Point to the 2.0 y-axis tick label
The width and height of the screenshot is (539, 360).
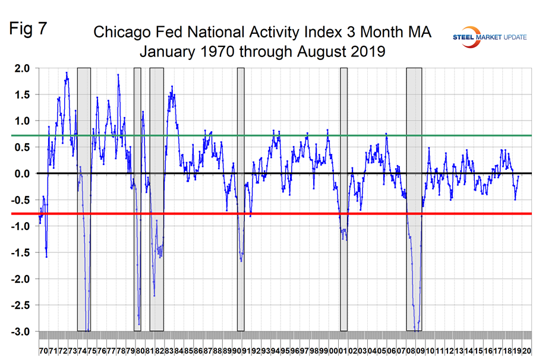[22, 68]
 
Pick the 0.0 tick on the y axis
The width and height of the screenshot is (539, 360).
[22, 173]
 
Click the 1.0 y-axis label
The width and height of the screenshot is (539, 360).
[22, 121]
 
